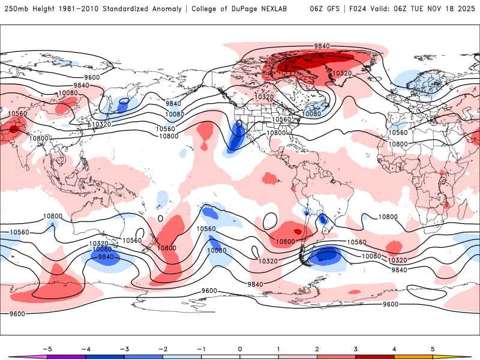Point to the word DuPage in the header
(245, 9)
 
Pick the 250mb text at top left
(14, 9)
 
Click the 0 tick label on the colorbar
(239, 349)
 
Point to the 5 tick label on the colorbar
(433, 349)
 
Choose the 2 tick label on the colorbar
(317, 349)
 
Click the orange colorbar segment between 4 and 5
(413, 357)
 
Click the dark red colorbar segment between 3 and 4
(375, 357)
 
